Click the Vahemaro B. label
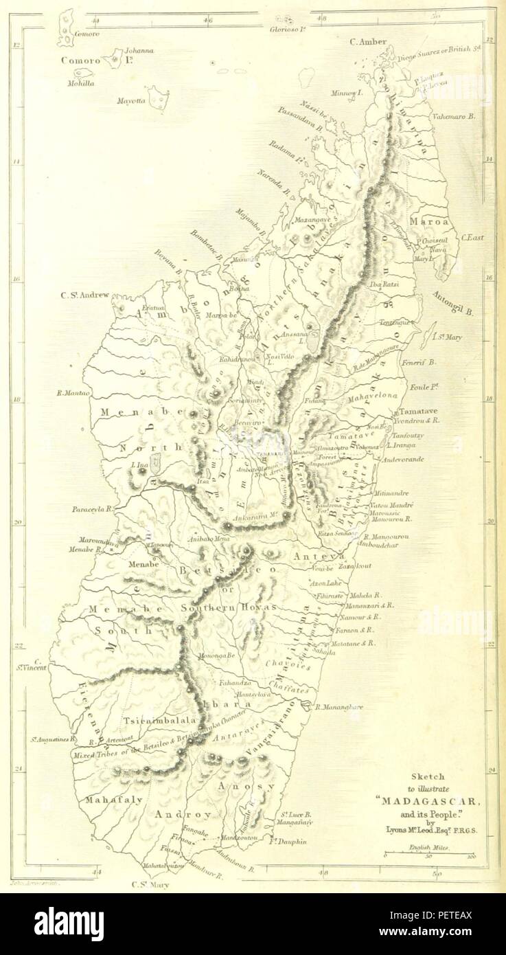pyautogui.click(x=454, y=117)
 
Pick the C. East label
pyautogui.click(x=472, y=238)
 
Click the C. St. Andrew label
pyautogui.click(x=84, y=296)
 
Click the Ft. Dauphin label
pyautogui.click(x=288, y=841)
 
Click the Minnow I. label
pyautogui.click(x=345, y=92)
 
